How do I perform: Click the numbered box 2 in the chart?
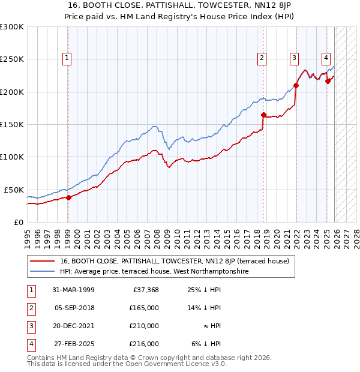click(x=262, y=58)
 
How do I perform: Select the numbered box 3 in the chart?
click(x=295, y=58)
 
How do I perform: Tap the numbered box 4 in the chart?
click(x=326, y=58)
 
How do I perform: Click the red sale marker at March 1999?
click(x=68, y=197)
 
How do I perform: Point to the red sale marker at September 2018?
click(x=263, y=115)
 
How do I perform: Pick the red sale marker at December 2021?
click(x=296, y=85)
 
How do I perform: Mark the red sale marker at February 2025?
click(x=328, y=82)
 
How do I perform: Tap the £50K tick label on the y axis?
click(x=14, y=190)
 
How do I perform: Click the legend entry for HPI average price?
click(x=154, y=271)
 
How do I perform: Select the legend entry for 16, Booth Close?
click(x=175, y=261)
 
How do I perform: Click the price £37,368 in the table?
click(x=145, y=290)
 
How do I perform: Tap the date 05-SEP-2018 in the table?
click(x=73, y=308)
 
